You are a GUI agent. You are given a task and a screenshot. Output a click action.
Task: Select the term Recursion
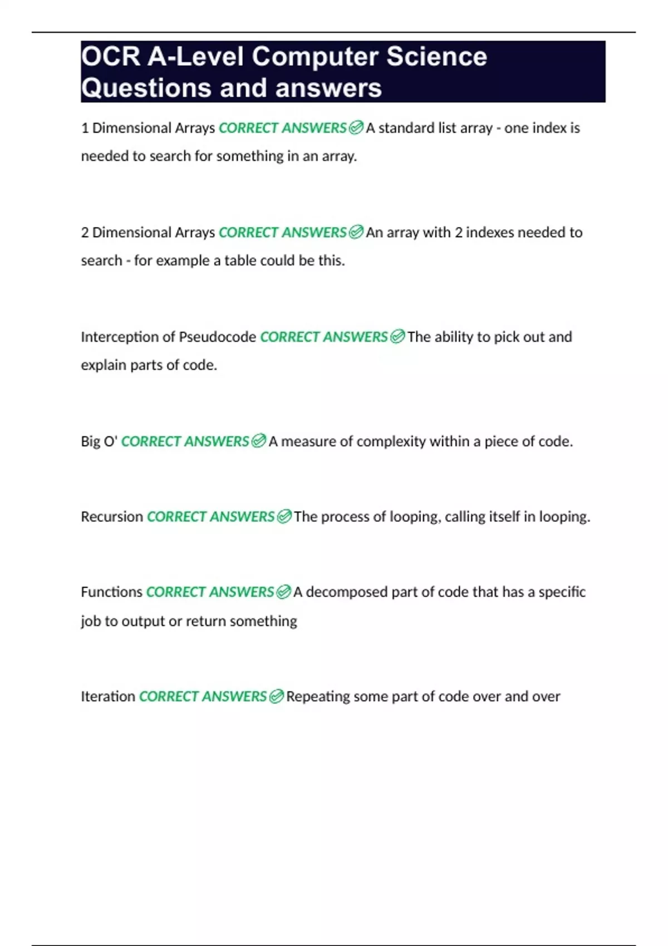[x=112, y=517]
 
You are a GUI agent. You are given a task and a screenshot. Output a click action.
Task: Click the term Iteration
[x=108, y=697]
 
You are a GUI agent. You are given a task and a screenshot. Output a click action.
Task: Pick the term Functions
[x=111, y=592]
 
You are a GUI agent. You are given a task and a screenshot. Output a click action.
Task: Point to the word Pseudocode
[x=217, y=337]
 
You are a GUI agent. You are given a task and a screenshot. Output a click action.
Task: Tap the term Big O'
[x=99, y=442]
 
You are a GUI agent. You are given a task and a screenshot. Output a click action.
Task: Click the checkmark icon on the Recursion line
[x=284, y=517]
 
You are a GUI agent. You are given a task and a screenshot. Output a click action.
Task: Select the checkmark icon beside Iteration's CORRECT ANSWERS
[x=276, y=697]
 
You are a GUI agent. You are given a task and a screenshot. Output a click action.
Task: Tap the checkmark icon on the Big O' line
[x=258, y=442]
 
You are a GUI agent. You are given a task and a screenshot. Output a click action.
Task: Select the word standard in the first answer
[x=406, y=129]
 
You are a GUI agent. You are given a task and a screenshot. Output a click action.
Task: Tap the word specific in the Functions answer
[x=562, y=592]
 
